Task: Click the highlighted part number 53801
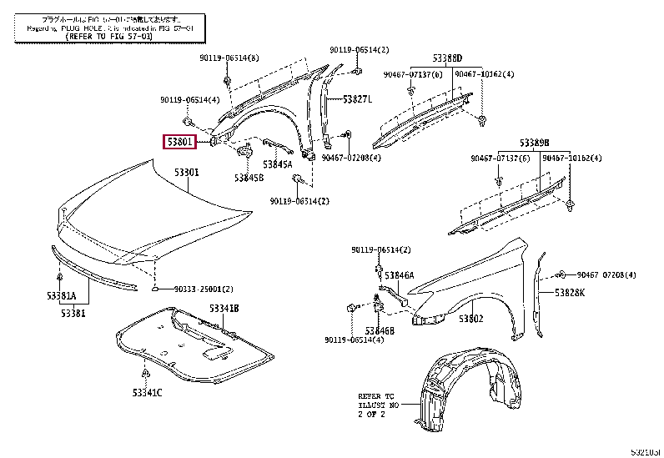(179, 143)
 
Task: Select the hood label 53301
(187, 173)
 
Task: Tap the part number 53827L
(357, 99)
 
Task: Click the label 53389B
(535, 143)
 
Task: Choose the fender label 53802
(471, 319)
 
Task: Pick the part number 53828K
(571, 292)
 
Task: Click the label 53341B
(224, 308)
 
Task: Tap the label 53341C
(147, 392)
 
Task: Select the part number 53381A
(61, 295)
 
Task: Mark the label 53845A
(277, 164)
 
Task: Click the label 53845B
(249, 178)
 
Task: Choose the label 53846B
(385, 330)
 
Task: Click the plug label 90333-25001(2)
(203, 289)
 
